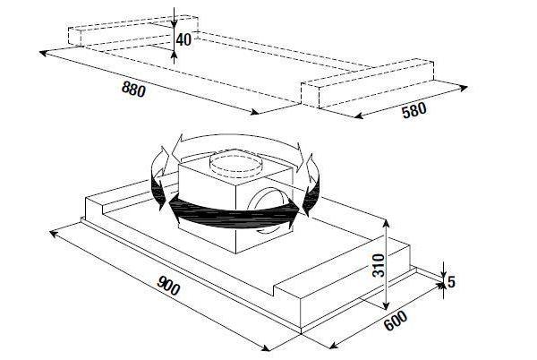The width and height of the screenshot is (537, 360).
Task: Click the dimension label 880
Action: [133, 90]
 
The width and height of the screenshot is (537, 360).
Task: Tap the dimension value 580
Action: [414, 110]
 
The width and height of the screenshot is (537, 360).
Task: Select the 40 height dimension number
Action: [183, 39]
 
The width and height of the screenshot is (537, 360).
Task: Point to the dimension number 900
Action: [168, 286]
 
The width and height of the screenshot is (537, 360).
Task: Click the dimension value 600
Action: [396, 321]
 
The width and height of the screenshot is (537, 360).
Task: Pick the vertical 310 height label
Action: [379, 265]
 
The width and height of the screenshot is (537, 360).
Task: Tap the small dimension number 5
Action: [451, 282]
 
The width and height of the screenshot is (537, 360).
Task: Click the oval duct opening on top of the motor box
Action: [236, 163]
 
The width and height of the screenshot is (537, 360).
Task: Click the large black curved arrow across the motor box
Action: [233, 215]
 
